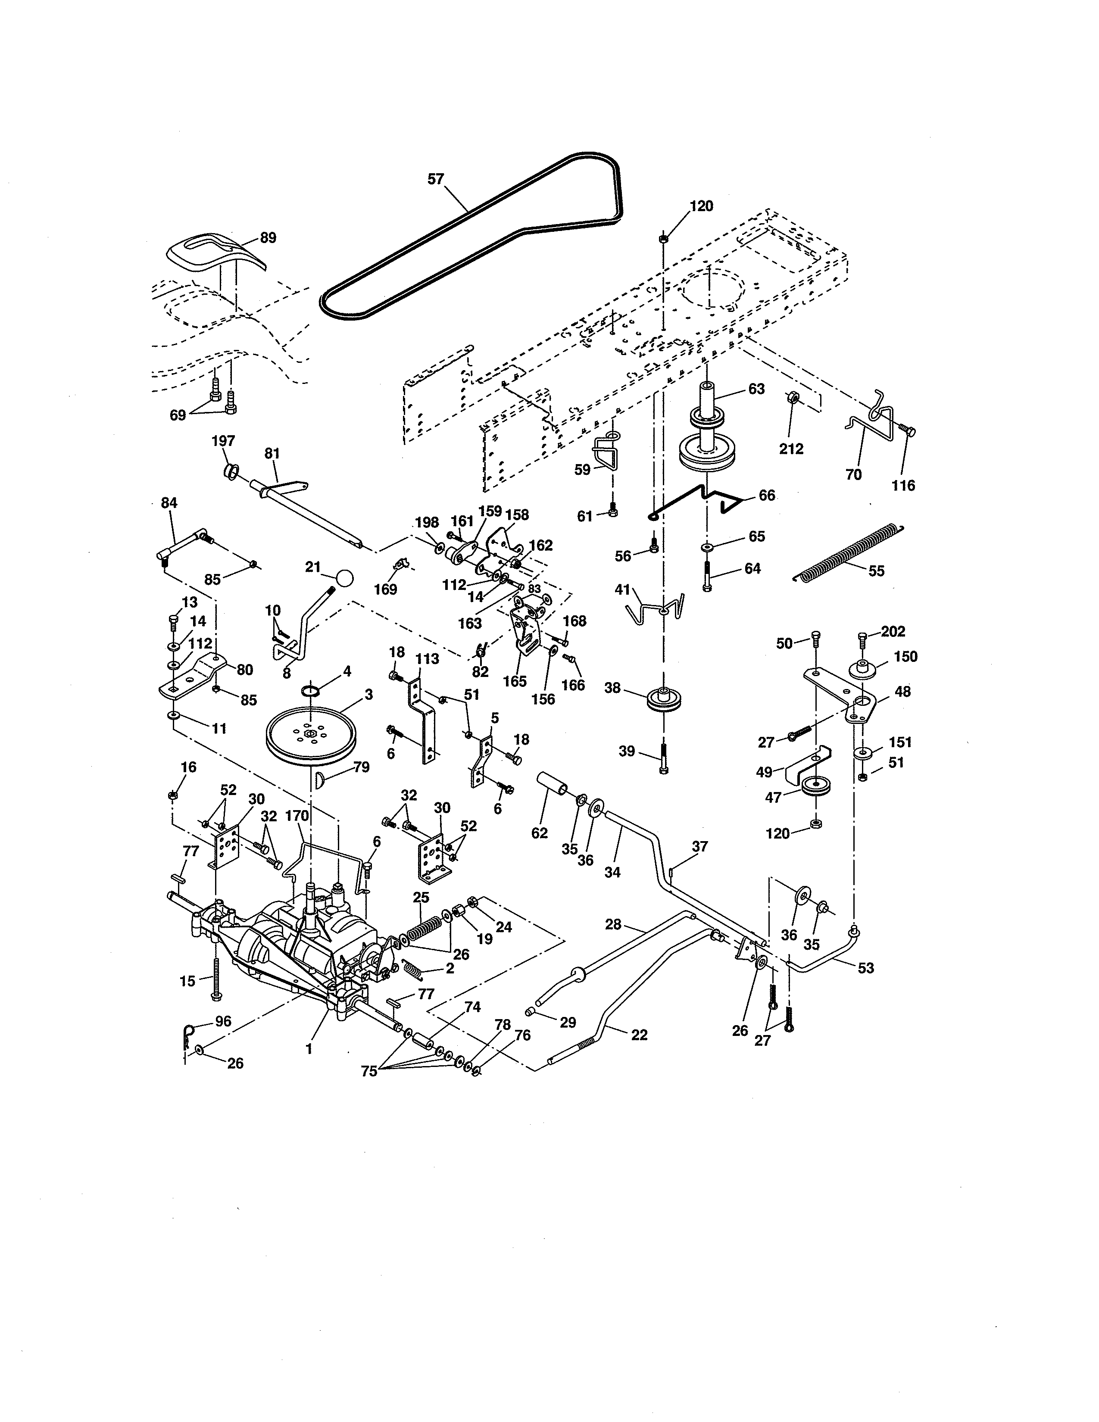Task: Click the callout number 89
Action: tap(268, 238)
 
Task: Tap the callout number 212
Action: tap(791, 449)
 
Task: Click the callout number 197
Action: tap(223, 441)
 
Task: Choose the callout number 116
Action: tap(903, 485)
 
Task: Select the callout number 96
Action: tap(223, 1021)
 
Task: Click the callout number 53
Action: tap(865, 968)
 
